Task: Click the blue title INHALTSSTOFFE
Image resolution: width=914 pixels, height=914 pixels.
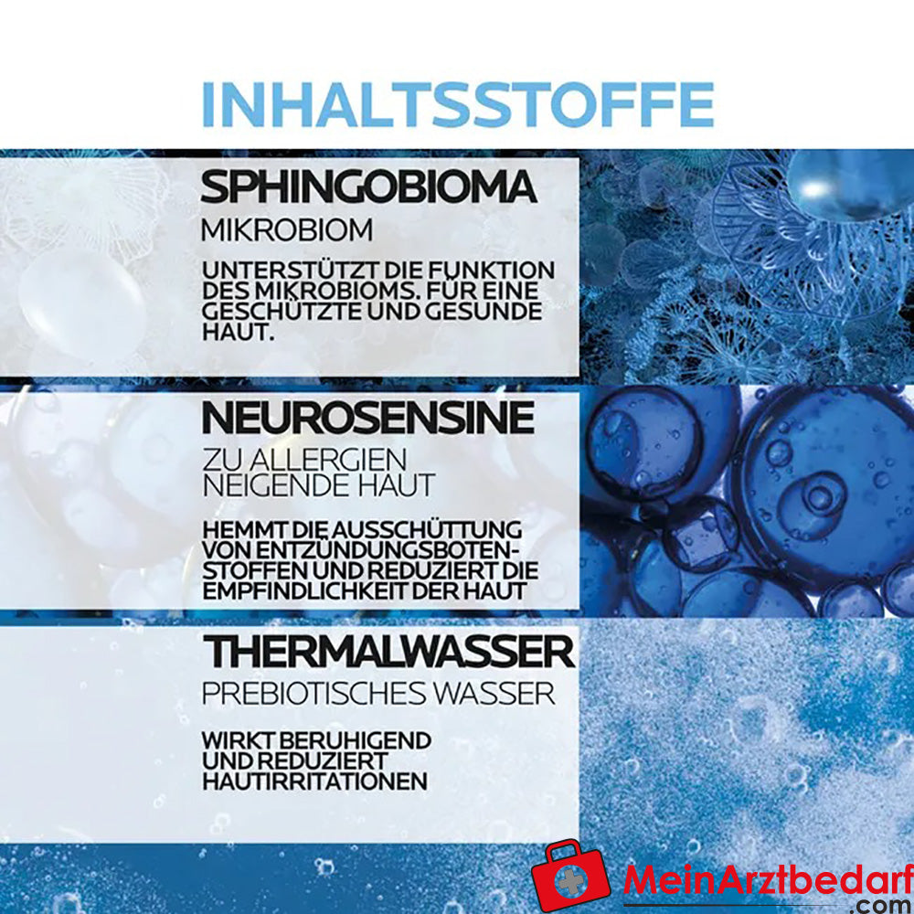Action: tap(457, 105)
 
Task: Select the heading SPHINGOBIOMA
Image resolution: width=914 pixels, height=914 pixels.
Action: tap(367, 187)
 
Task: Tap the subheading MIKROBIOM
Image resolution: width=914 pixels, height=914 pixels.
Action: tap(286, 229)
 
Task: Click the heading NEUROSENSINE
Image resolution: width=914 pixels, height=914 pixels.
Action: tap(367, 418)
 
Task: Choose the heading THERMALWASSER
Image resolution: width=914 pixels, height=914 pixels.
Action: tap(388, 652)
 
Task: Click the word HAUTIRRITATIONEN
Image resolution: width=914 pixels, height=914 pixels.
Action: tap(314, 781)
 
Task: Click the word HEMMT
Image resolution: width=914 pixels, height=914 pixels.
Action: tap(233, 530)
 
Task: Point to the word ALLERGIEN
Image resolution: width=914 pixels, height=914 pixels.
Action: tap(327, 460)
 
